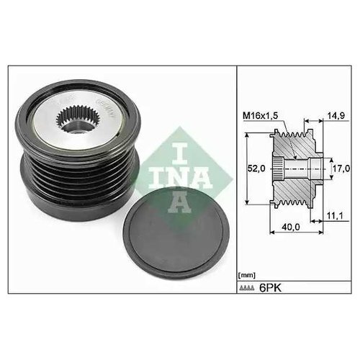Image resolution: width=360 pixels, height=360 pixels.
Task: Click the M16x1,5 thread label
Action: click(261, 116)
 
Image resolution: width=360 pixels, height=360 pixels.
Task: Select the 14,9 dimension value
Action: click(336, 116)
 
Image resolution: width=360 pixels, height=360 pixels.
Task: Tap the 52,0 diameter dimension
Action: click(256, 168)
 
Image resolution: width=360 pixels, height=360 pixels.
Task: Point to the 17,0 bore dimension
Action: click(341, 168)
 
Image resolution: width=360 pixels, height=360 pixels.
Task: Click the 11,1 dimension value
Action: click(336, 216)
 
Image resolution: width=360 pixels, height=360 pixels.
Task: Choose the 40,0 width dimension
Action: click(291, 227)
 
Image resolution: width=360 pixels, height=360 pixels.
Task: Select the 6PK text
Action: click(270, 287)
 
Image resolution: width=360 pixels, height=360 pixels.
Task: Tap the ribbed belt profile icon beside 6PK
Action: click(247, 288)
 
